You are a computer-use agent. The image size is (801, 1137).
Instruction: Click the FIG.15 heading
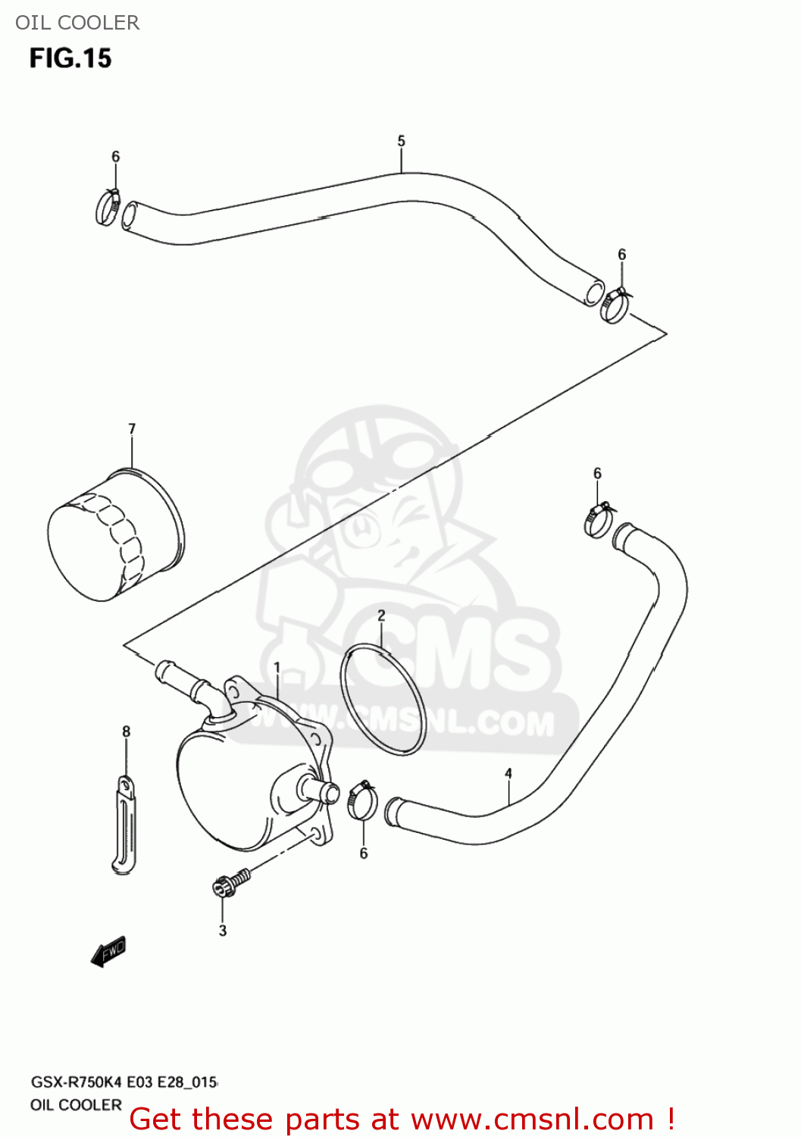point(70,58)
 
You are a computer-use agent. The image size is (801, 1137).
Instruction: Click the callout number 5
point(401,141)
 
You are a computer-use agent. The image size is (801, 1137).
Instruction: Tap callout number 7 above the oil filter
point(132,429)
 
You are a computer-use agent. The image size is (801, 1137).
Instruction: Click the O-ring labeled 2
point(382,699)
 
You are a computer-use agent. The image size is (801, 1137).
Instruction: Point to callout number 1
point(277,668)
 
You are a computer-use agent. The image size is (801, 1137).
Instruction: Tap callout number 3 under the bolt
point(223,930)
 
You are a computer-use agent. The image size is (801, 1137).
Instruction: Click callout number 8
point(126,731)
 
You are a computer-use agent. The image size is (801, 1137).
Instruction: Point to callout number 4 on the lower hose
point(508,773)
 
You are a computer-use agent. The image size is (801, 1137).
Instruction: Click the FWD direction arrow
point(108,952)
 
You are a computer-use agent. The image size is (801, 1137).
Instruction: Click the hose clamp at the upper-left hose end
point(107,206)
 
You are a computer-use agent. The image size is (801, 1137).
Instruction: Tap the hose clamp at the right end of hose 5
point(615,305)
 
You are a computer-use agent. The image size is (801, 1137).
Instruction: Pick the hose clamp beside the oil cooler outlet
point(362,800)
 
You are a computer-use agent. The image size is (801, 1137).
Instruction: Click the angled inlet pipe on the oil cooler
point(192,685)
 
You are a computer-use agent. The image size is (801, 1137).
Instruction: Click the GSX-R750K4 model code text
point(76,1082)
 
